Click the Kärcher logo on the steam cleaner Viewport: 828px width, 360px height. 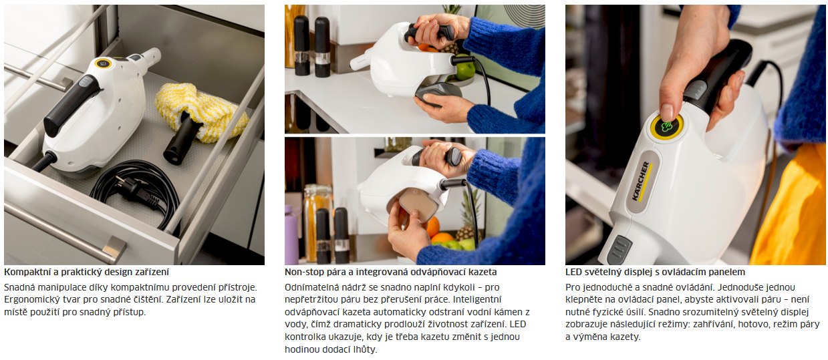click(642, 181)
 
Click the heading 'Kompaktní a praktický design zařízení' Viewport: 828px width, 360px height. click(86, 273)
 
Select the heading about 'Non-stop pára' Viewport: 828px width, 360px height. click(391, 273)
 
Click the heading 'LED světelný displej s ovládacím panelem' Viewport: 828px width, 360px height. click(655, 273)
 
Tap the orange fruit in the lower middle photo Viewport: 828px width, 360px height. click(432, 226)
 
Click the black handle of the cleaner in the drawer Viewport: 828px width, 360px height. click(72, 105)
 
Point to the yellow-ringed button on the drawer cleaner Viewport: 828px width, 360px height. click(103, 63)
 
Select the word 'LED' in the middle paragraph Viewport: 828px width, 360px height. click(517, 324)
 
